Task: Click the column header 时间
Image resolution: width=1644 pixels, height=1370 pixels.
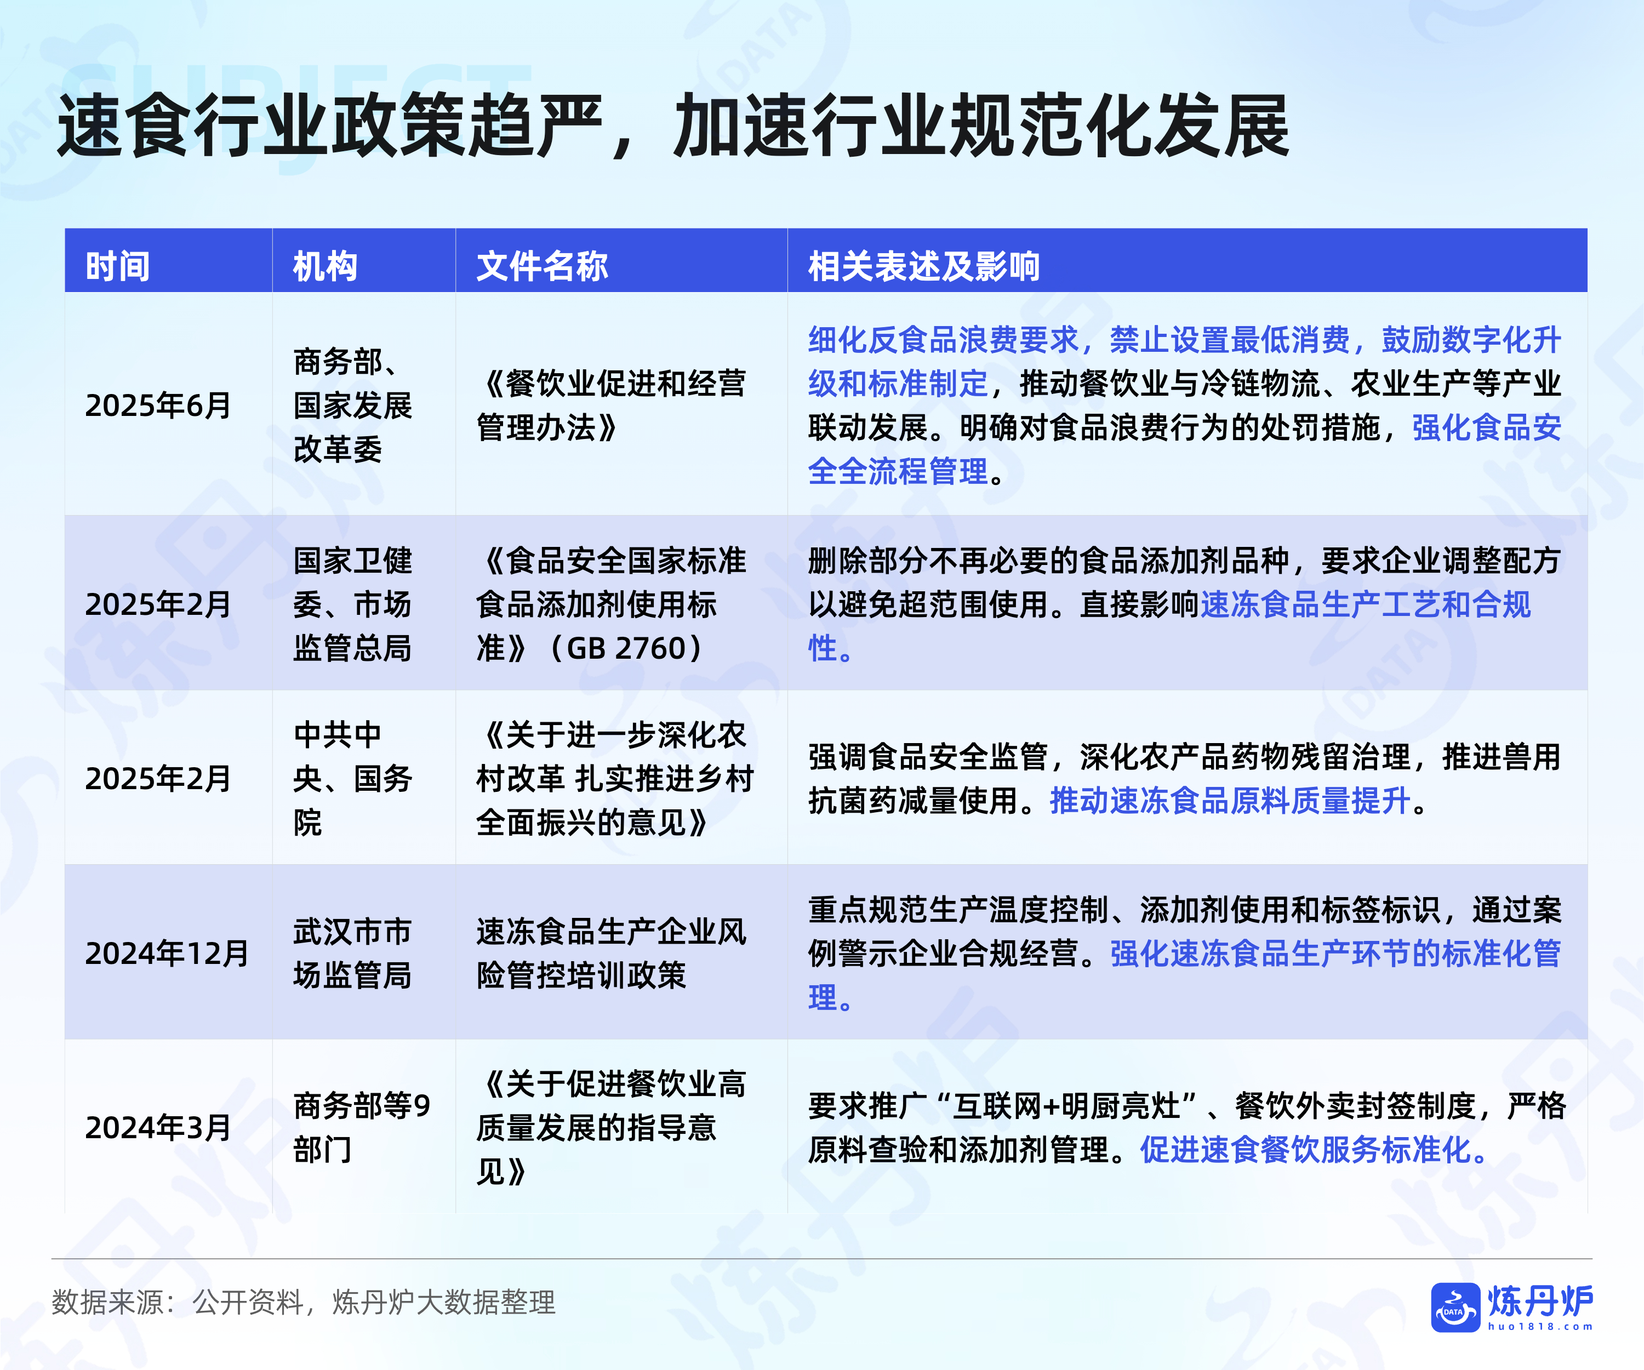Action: click(x=117, y=266)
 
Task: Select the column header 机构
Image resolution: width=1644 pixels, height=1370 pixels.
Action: click(x=325, y=266)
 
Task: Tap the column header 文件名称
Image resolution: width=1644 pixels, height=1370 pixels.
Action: click(x=542, y=266)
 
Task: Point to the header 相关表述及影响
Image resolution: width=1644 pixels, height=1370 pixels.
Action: click(x=924, y=266)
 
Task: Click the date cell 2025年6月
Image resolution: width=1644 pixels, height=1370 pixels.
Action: click(x=158, y=406)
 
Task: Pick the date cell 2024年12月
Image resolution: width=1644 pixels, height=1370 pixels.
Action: click(x=167, y=954)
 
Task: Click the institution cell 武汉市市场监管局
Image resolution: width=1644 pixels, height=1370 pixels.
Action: click(x=352, y=954)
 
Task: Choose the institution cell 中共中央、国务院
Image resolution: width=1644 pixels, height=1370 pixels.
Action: click(x=352, y=779)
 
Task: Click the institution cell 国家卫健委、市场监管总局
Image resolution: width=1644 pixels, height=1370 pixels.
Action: click(x=352, y=604)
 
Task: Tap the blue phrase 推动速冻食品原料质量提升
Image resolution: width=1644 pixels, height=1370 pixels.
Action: click(x=1230, y=801)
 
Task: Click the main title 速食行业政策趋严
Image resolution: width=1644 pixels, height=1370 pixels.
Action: click(x=332, y=125)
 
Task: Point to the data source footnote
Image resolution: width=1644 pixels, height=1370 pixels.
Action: click(x=304, y=1302)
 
